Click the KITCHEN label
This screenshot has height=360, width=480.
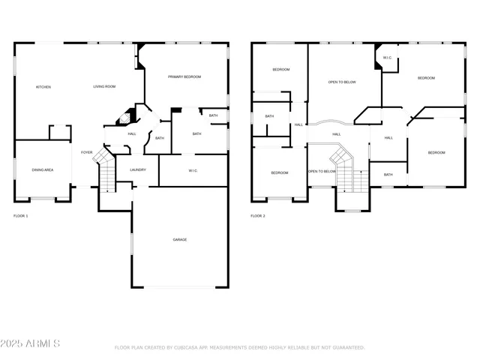[43, 87]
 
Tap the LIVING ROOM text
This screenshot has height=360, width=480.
[104, 87]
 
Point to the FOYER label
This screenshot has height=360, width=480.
[87, 152]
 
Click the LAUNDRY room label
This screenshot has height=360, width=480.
[137, 169]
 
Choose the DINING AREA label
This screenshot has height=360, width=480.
[42, 170]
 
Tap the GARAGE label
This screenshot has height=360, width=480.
[180, 239]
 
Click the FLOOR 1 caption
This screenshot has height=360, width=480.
[21, 216]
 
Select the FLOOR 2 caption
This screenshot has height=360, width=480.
[258, 216]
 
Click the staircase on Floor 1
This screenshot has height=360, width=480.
[106, 174]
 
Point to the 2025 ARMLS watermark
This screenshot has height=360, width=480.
[31, 343]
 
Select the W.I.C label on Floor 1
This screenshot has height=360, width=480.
[193, 170]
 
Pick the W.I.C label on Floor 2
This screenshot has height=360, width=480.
[387, 58]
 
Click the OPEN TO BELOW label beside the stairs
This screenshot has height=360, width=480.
[322, 171]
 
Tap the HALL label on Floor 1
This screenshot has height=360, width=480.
[132, 133]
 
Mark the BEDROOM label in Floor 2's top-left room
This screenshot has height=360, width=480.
[280, 70]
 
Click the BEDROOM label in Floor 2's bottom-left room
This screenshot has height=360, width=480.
[280, 172]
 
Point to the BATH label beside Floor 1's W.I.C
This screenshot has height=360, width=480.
[196, 133]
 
